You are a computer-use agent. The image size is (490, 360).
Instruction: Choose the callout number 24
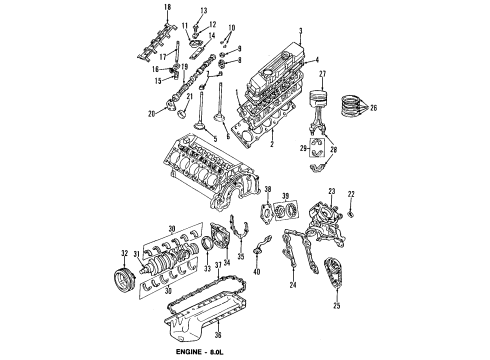tap(292, 284)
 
